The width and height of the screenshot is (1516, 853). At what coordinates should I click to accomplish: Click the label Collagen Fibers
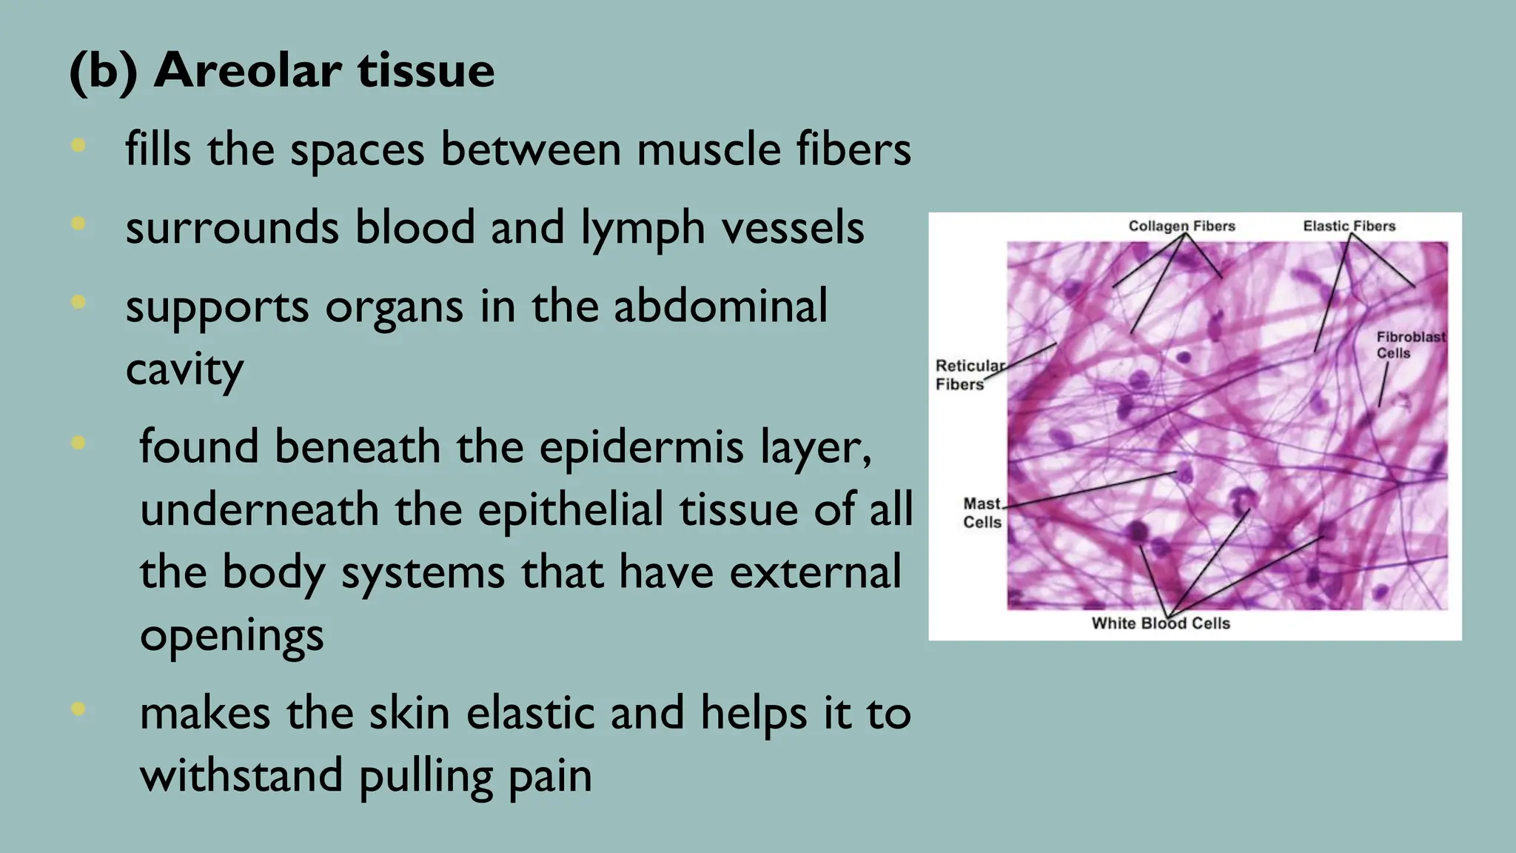coord(1181,226)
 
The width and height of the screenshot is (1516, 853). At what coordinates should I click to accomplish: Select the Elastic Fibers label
coord(1349,226)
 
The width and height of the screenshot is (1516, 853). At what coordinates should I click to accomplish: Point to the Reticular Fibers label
coord(968,375)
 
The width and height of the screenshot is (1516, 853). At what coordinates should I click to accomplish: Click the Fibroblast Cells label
coord(1409,345)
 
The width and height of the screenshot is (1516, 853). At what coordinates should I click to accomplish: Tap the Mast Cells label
coord(982,512)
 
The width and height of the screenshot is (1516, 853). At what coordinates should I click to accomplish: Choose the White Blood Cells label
coord(1160,623)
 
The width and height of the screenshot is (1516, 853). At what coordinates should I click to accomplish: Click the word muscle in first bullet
coord(708,149)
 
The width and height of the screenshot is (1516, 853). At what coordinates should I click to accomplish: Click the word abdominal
coord(720,306)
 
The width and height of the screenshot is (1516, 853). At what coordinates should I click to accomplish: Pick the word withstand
coord(241,775)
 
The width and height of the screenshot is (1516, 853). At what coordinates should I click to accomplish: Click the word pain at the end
coord(550,777)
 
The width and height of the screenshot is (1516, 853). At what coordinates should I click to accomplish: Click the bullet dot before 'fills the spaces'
coord(78,146)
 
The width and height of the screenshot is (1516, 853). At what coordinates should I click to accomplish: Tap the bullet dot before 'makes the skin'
coord(78,709)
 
